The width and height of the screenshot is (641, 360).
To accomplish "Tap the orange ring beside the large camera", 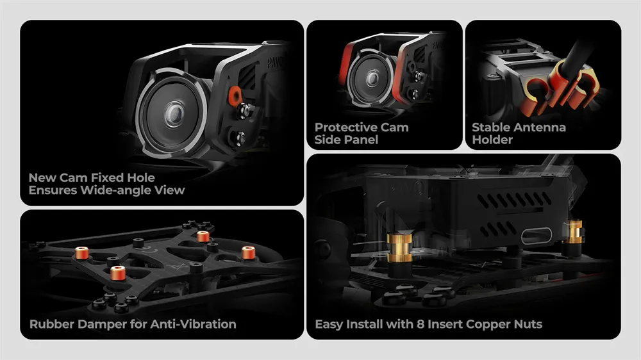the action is coord(235,95).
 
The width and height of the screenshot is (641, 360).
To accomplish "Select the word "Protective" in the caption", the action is coord(346,127).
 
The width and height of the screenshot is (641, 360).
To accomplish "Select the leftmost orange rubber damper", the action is coord(82,253).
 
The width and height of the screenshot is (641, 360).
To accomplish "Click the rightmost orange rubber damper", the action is coord(249,253).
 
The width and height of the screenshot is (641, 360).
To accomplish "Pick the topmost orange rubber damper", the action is coord(203,236).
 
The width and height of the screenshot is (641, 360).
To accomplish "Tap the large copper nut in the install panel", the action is coord(399,248).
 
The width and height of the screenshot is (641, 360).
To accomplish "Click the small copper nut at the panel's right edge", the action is coord(574,232).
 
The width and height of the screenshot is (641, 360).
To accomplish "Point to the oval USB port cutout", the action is coord(537,236).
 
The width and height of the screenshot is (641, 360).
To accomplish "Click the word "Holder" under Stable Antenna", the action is coord(492,140).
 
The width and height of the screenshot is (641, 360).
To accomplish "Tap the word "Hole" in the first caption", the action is coord(140,177).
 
